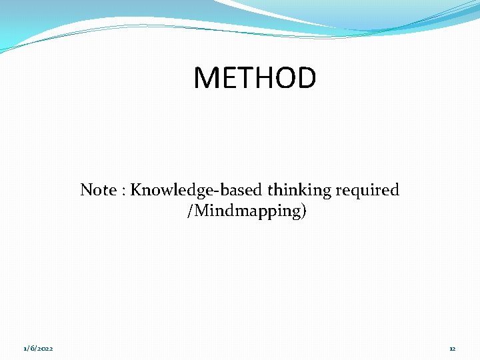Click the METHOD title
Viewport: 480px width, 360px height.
255,78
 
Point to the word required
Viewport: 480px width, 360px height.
367,191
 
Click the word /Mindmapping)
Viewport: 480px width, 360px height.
247,211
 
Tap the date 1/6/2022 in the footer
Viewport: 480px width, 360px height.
39,349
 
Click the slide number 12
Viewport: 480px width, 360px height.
452,349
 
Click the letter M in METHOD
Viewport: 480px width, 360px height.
205,78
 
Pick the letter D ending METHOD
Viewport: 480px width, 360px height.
306,78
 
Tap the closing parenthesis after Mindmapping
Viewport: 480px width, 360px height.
304,212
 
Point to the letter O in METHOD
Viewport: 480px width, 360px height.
283,78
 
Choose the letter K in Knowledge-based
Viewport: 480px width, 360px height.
135,190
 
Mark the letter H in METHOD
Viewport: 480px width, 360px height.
259,78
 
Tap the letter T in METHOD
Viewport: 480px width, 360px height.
239,78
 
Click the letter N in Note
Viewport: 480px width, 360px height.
85,190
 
